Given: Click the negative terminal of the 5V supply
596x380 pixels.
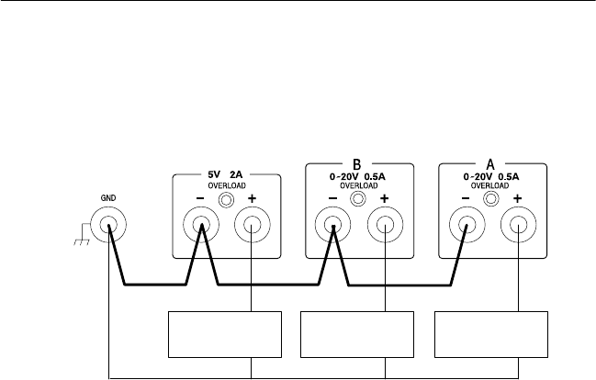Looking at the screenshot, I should click(x=202, y=225).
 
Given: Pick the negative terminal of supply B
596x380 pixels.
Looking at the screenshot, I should click(x=333, y=225).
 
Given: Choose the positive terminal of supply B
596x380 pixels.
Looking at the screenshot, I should click(x=384, y=225).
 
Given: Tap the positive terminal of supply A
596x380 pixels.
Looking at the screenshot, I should click(x=517, y=225).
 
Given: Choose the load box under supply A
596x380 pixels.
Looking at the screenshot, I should click(x=491, y=334).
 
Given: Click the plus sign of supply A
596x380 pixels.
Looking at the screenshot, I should click(x=518, y=199).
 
